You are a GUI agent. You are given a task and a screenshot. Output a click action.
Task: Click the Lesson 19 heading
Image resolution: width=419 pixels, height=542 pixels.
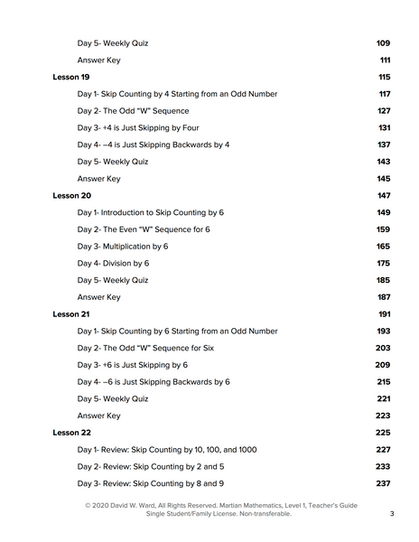[x=70, y=77]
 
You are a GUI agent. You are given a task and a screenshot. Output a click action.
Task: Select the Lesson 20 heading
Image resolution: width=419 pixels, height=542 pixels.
[x=71, y=195]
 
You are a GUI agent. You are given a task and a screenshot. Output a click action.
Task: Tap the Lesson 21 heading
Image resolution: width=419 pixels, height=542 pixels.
[x=70, y=313]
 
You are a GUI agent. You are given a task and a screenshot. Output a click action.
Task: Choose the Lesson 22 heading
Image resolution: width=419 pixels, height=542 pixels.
[x=71, y=433]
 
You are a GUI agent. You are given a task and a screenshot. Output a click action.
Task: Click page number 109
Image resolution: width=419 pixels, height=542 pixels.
[x=382, y=43]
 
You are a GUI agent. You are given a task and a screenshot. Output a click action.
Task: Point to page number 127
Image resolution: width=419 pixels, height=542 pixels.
[x=383, y=111]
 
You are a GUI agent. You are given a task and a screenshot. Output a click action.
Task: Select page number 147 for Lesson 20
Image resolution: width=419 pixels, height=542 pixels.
[x=383, y=195]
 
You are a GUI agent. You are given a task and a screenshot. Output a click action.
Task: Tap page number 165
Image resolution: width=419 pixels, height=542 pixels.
[x=383, y=246]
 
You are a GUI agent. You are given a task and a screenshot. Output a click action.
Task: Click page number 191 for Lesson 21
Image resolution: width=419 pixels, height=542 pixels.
[x=383, y=313]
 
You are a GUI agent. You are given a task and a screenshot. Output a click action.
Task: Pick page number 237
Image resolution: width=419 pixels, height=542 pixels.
[x=383, y=483]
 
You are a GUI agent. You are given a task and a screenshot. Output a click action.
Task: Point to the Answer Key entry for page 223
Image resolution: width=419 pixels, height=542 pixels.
[x=98, y=416]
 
